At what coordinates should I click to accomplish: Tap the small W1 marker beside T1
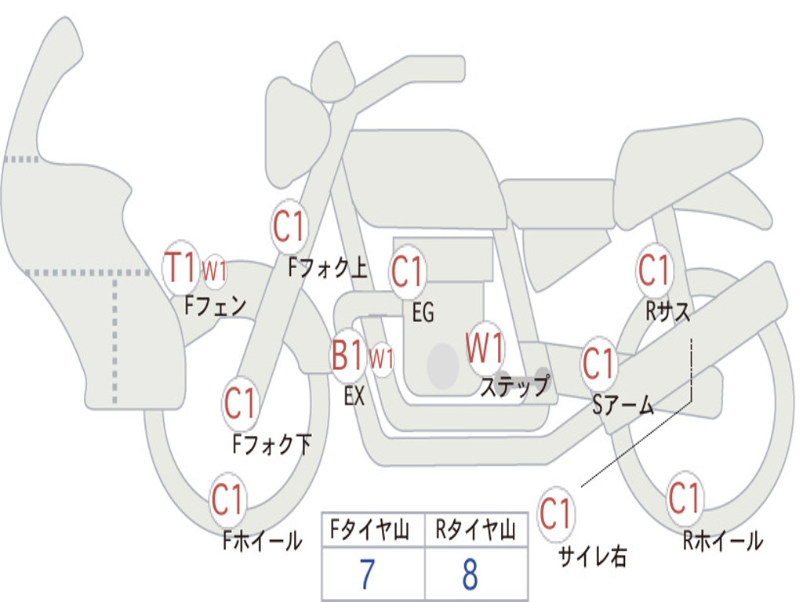click(x=214, y=270)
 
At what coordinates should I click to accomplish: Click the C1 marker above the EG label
click(x=408, y=272)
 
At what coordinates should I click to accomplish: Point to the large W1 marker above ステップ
click(x=485, y=349)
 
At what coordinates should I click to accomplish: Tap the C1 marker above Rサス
click(x=654, y=270)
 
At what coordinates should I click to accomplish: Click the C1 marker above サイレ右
click(x=556, y=514)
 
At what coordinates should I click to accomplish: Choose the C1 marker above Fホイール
click(x=228, y=500)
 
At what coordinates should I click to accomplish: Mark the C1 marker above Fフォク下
click(x=240, y=404)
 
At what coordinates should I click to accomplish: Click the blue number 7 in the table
click(x=367, y=575)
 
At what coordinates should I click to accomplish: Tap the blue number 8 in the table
click(x=470, y=575)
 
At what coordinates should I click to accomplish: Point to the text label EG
click(x=423, y=313)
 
